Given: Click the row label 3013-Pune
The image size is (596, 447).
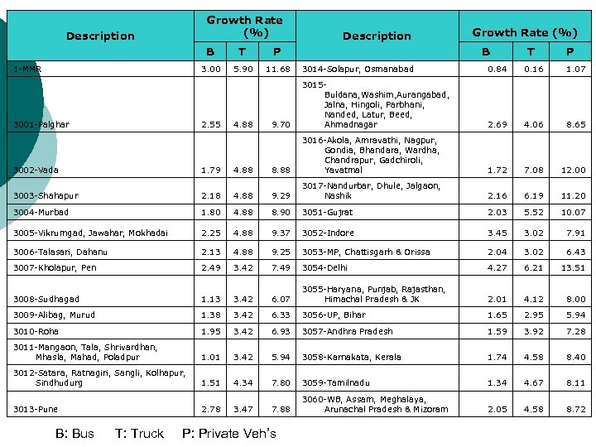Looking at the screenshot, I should (35, 408).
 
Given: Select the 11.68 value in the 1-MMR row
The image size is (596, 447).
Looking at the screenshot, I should (279, 69).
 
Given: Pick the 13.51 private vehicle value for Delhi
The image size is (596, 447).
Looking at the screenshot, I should (573, 268).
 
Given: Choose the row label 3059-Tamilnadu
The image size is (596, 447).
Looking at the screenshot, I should (335, 383).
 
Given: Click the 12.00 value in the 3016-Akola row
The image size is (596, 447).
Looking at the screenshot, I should (573, 170).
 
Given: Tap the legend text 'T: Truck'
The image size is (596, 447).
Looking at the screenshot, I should (139, 433).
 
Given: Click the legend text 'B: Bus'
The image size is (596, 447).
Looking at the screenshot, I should (74, 433).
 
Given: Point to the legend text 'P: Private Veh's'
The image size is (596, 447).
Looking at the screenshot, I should (228, 433).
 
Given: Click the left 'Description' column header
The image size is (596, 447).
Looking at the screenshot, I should (100, 36).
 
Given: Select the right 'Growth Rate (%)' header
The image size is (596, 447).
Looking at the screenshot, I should (525, 32).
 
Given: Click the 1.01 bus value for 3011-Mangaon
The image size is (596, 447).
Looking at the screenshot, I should (211, 358).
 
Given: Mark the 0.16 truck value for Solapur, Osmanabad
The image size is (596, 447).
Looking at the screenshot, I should (533, 69).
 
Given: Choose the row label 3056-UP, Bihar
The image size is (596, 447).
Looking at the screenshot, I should (334, 315).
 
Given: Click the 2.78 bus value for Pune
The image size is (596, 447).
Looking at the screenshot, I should (211, 408).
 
